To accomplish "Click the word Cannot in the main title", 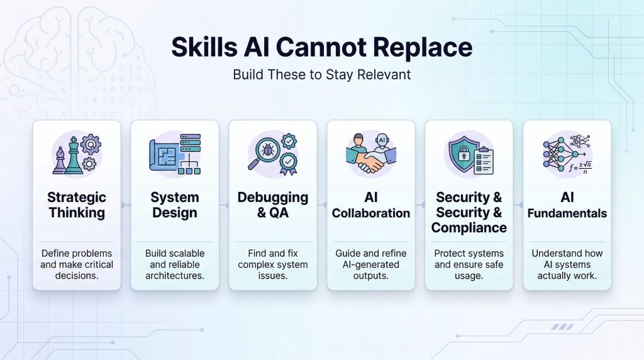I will (x=321, y=48).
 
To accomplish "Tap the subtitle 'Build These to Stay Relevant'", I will (x=321, y=74).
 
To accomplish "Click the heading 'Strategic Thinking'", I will (x=77, y=205).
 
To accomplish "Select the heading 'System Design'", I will (x=175, y=205).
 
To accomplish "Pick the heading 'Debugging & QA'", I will (x=273, y=205).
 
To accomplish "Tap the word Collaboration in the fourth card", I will (x=371, y=213).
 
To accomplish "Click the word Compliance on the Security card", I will (x=469, y=227).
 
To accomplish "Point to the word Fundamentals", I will (x=567, y=213).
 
